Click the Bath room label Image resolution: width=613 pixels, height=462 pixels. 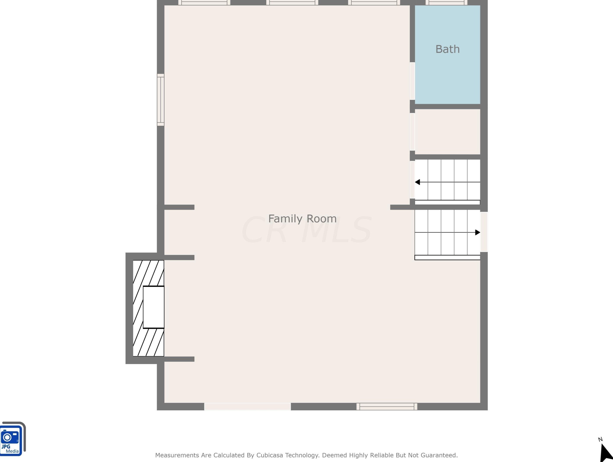click(447, 49)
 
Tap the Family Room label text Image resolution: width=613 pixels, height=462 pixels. click(302, 219)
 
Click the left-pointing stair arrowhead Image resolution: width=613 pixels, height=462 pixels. click(417, 182)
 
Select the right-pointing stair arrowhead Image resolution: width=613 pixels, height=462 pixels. click(478, 233)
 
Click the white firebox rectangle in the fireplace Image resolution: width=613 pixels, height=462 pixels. click(154, 307)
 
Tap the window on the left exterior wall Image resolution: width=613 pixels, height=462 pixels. click(161, 100)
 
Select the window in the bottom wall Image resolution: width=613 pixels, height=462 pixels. click(387, 406)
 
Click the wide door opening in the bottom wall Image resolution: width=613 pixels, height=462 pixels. click(248, 406)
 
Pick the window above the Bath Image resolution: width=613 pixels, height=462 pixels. click(446, 3)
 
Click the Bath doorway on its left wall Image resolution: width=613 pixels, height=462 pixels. click(412, 81)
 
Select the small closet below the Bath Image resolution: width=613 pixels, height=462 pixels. click(447, 132)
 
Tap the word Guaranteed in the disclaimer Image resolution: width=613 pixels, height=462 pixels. click(439, 455)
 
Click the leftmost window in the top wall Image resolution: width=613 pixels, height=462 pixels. click(204, 3)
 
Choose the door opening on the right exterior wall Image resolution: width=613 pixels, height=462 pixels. click(484, 232)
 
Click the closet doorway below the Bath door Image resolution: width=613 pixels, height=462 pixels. click(412, 132)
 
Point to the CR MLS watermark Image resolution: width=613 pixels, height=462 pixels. click(306, 230)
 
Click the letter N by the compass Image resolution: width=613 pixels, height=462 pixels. click(600, 440)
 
